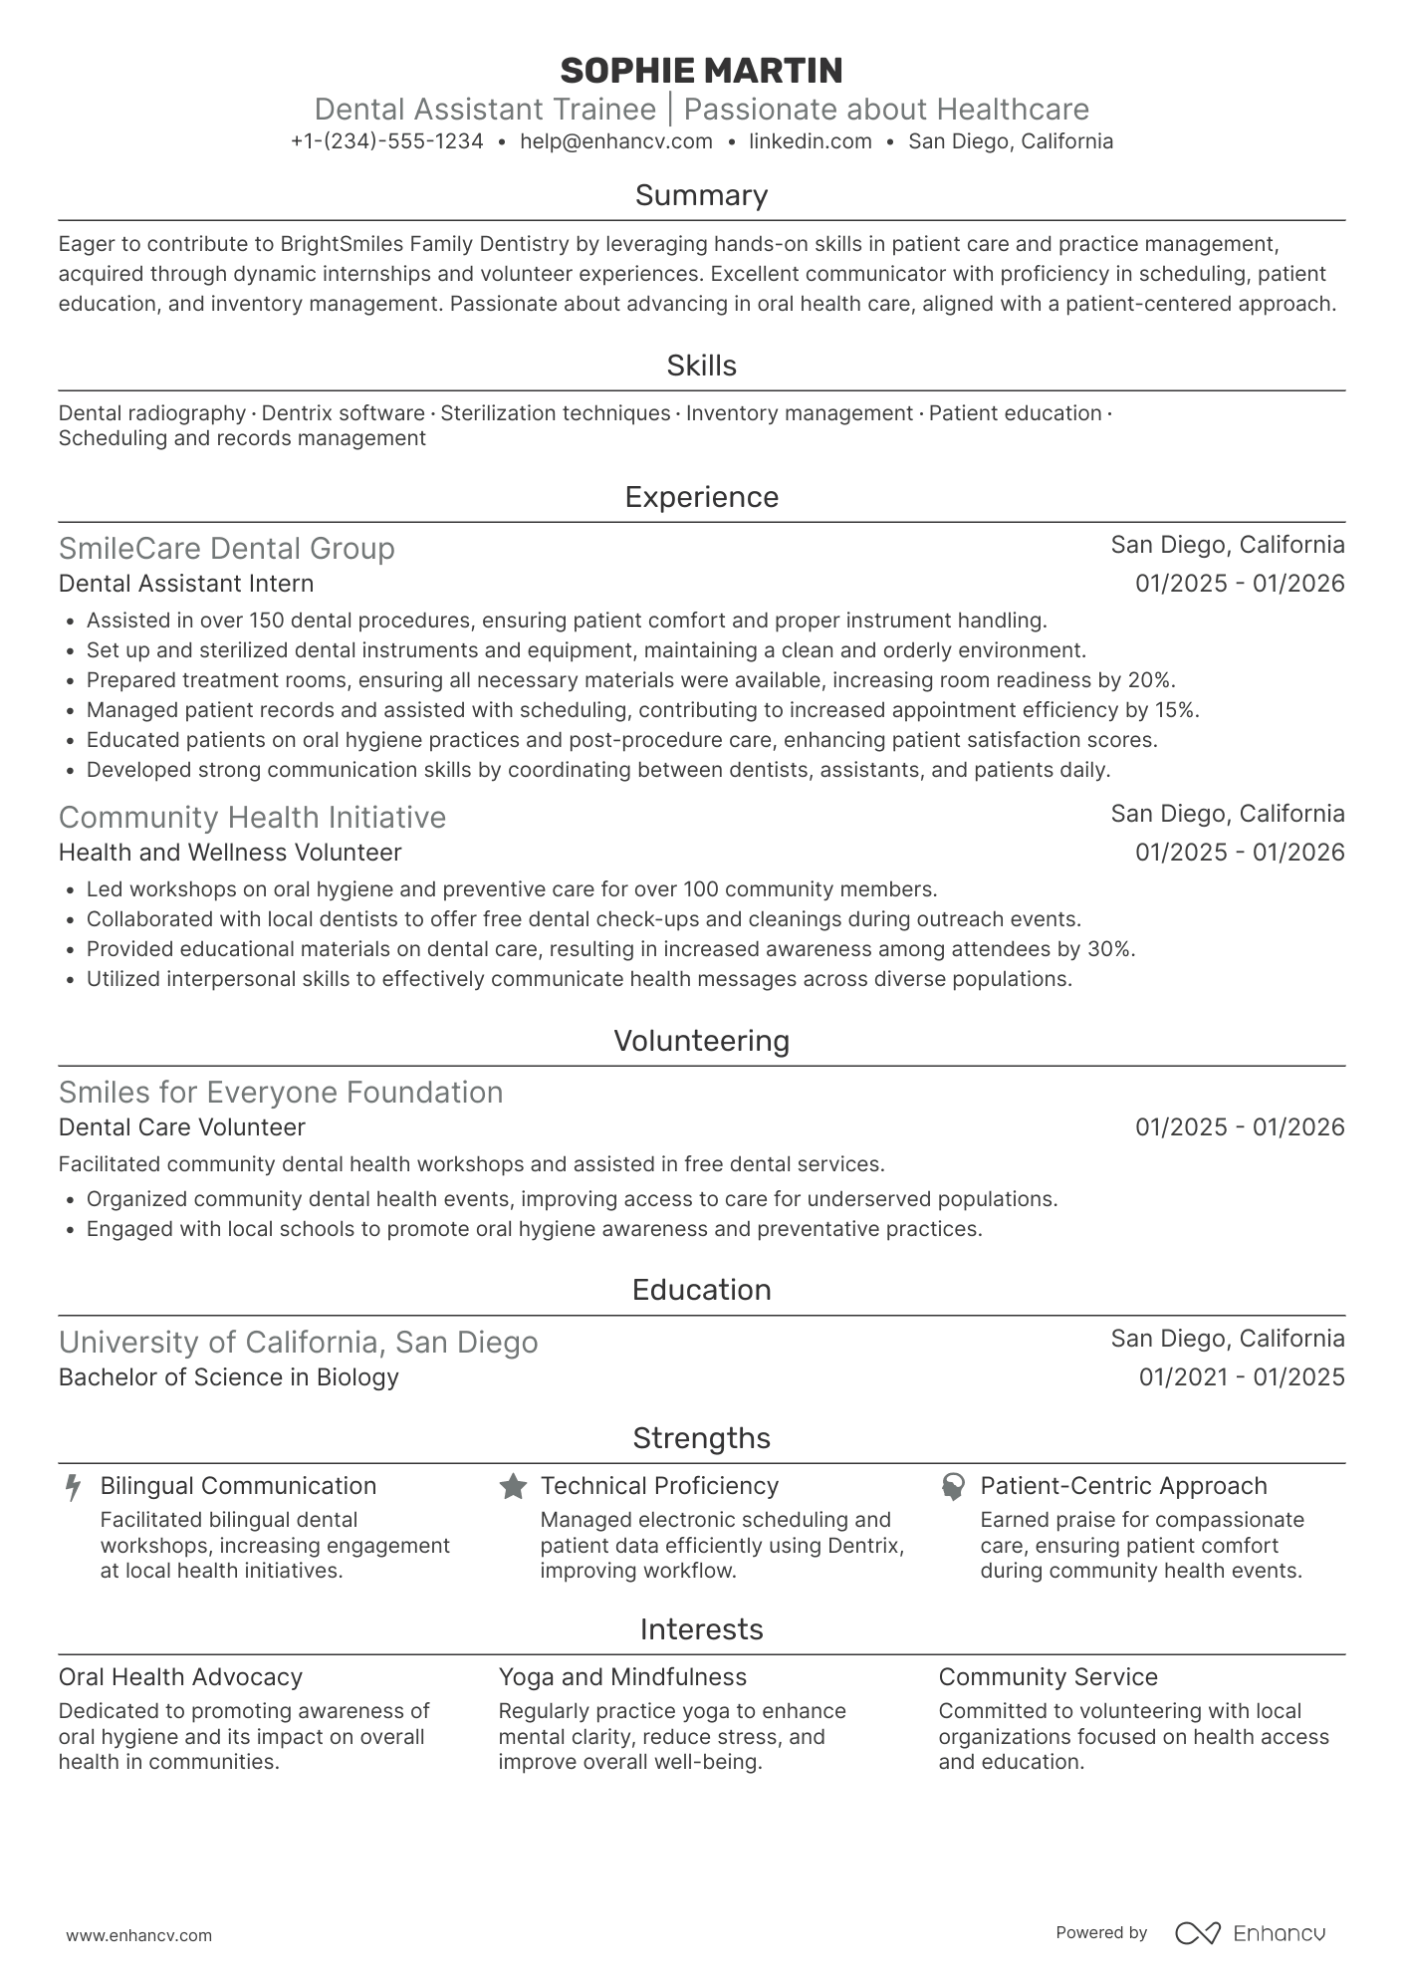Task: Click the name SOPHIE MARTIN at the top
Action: pyautogui.click(x=701, y=71)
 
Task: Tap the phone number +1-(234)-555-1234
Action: pyautogui.click(x=387, y=141)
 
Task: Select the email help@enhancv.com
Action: pyautogui.click(x=616, y=141)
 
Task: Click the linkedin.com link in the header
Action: pyautogui.click(x=810, y=141)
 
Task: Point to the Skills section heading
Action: pyautogui.click(x=701, y=366)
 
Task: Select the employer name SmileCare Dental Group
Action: pyautogui.click(x=227, y=549)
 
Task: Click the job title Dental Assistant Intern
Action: pyautogui.click(x=186, y=584)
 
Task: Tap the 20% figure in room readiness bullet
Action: pyautogui.click(x=1154, y=680)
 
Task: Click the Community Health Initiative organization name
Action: pyautogui.click(x=252, y=818)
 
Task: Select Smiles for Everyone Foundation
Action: pyautogui.click(x=281, y=1093)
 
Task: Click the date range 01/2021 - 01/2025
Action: pyautogui.click(x=1241, y=1377)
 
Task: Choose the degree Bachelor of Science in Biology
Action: pyautogui.click(x=228, y=1377)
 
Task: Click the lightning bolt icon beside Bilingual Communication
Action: pyautogui.click(x=73, y=1488)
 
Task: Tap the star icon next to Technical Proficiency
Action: pyautogui.click(x=513, y=1487)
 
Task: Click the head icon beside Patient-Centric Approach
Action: pyautogui.click(x=953, y=1487)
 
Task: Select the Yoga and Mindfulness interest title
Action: pyautogui.click(x=622, y=1677)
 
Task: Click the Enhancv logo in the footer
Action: pyautogui.click(x=1250, y=1933)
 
